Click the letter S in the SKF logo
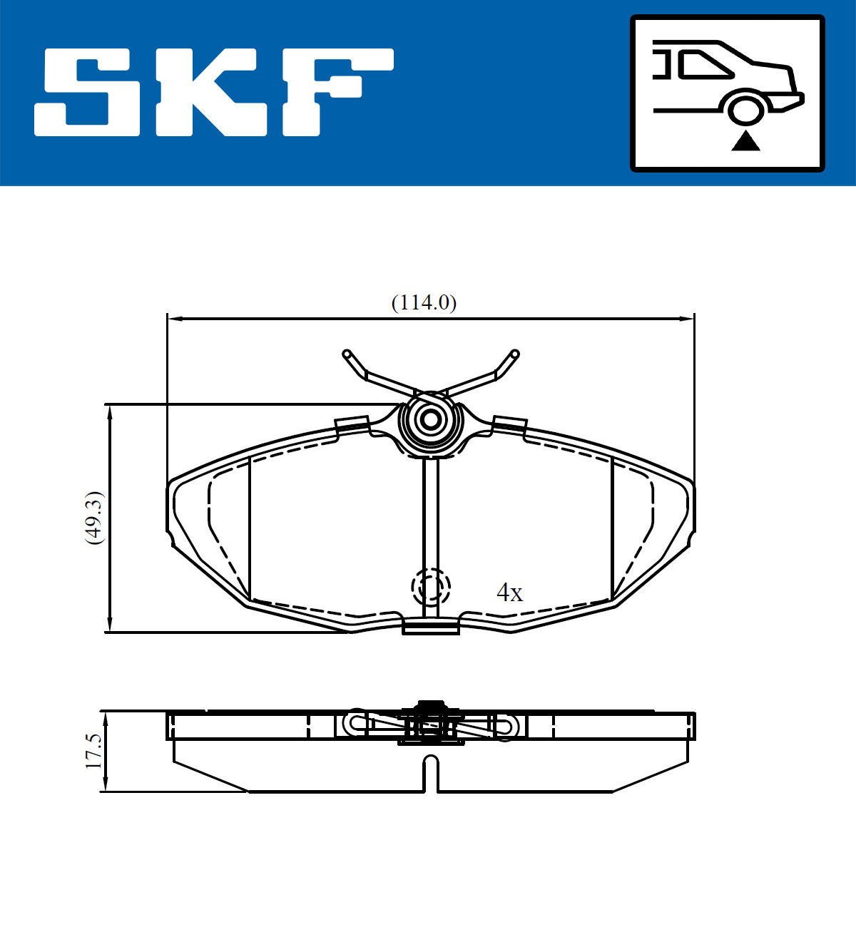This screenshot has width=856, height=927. click(x=87, y=93)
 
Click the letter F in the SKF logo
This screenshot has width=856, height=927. click(x=338, y=93)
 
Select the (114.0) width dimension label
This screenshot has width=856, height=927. click(x=424, y=303)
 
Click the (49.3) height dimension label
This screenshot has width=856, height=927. click(x=94, y=518)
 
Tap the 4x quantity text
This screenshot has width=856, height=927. click(x=509, y=593)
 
